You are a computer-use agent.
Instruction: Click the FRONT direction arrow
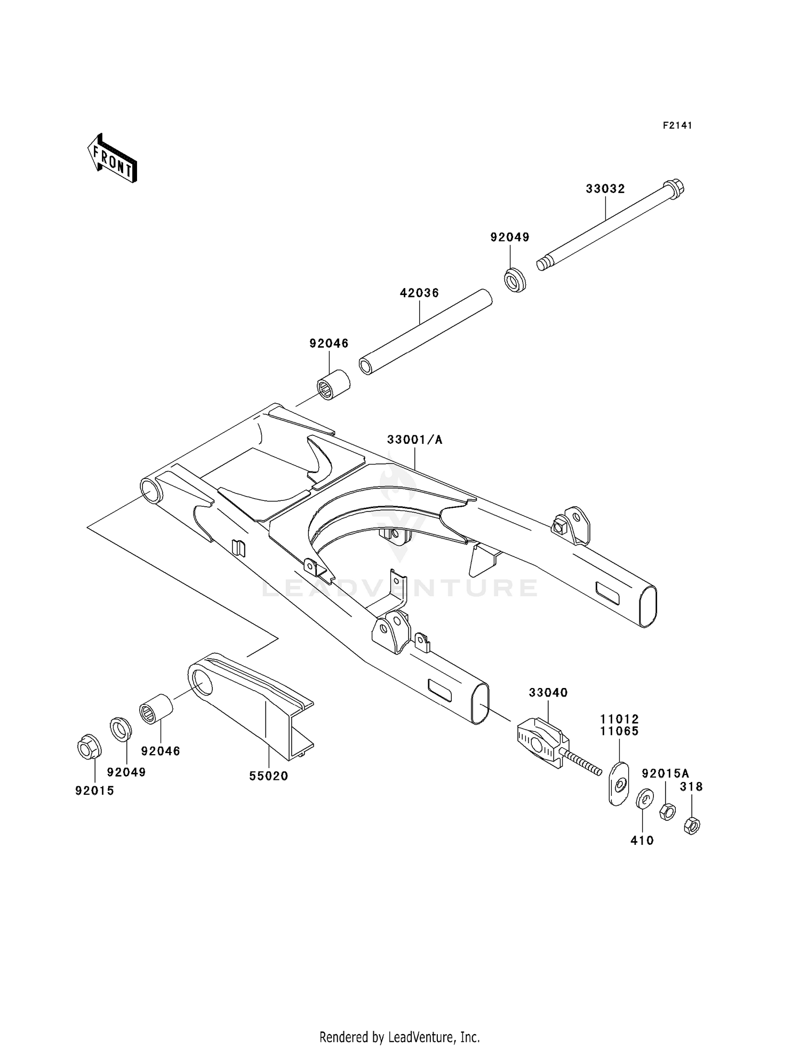point(113,159)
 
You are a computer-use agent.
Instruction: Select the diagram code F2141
point(677,125)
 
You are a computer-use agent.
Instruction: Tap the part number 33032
point(605,189)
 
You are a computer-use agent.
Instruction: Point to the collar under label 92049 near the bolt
point(515,280)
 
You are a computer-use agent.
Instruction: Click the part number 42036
point(419,293)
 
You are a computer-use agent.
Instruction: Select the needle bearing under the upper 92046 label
point(333,386)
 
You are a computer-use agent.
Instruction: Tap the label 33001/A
point(415,439)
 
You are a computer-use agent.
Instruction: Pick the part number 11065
point(619,731)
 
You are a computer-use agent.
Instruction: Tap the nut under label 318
point(691,826)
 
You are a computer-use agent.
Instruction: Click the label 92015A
point(665,773)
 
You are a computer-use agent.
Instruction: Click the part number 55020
point(269,776)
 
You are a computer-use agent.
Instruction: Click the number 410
point(642,841)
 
